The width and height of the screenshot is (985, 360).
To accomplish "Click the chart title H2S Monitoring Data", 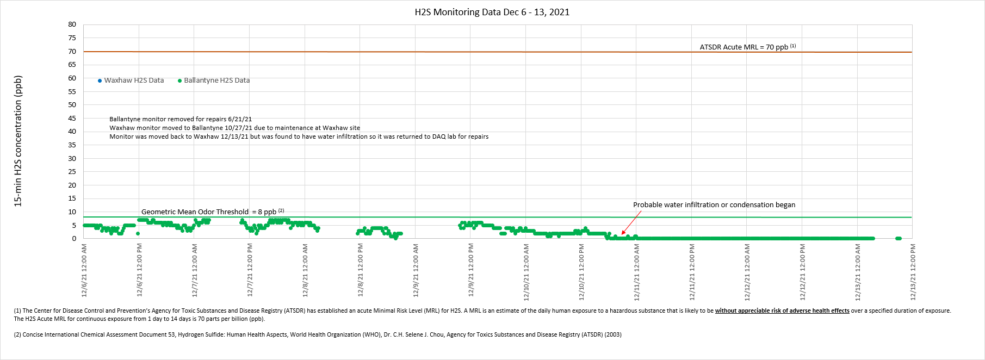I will coord(492,12).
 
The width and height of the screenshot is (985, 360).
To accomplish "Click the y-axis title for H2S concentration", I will coord(18,141).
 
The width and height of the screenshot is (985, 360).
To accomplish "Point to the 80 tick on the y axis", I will coord(72,24).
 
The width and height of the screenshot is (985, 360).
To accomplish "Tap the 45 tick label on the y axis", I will coord(72,118).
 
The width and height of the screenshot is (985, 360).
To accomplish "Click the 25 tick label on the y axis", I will coord(72,171).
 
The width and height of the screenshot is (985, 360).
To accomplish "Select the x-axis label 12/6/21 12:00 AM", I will coord(84,270).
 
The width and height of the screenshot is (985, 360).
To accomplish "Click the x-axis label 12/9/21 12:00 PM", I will coord(471,270).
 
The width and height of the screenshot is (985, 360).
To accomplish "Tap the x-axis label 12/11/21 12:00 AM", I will coord(637,270).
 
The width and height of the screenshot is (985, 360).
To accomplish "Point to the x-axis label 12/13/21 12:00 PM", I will coord(913,270).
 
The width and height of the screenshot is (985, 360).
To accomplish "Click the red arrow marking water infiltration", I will coord(631,223).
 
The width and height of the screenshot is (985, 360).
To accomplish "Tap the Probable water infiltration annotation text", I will coord(714,205).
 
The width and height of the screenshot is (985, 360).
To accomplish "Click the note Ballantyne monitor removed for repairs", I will coord(181,119).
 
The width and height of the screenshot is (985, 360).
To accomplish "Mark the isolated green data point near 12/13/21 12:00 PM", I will coord(898,238).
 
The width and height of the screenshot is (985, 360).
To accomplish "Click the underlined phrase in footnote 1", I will coord(782,311).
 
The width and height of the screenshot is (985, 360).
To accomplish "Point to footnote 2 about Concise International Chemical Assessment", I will coord(318,334).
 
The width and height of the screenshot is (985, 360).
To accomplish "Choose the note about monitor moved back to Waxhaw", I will coord(299,136).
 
